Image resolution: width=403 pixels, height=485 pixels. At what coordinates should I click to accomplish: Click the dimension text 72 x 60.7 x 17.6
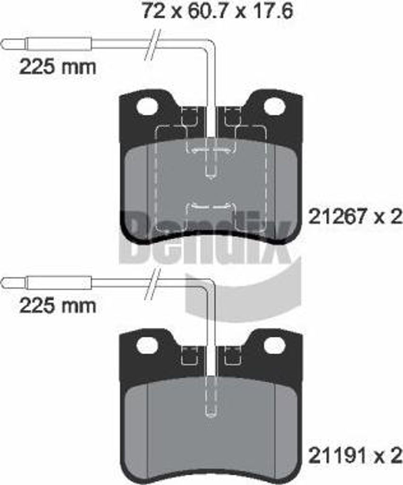(218, 12)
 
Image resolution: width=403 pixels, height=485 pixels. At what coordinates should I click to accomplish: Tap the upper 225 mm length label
(58, 67)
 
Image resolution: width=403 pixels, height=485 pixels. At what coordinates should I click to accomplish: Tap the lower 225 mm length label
(58, 306)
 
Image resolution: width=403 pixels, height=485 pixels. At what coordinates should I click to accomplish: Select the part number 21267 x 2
(355, 216)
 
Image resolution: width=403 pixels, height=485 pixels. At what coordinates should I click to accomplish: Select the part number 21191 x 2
(355, 455)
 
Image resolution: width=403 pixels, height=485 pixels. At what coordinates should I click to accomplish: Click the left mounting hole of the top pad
(147, 107)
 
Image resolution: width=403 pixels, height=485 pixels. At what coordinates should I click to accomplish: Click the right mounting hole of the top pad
(274, 107)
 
